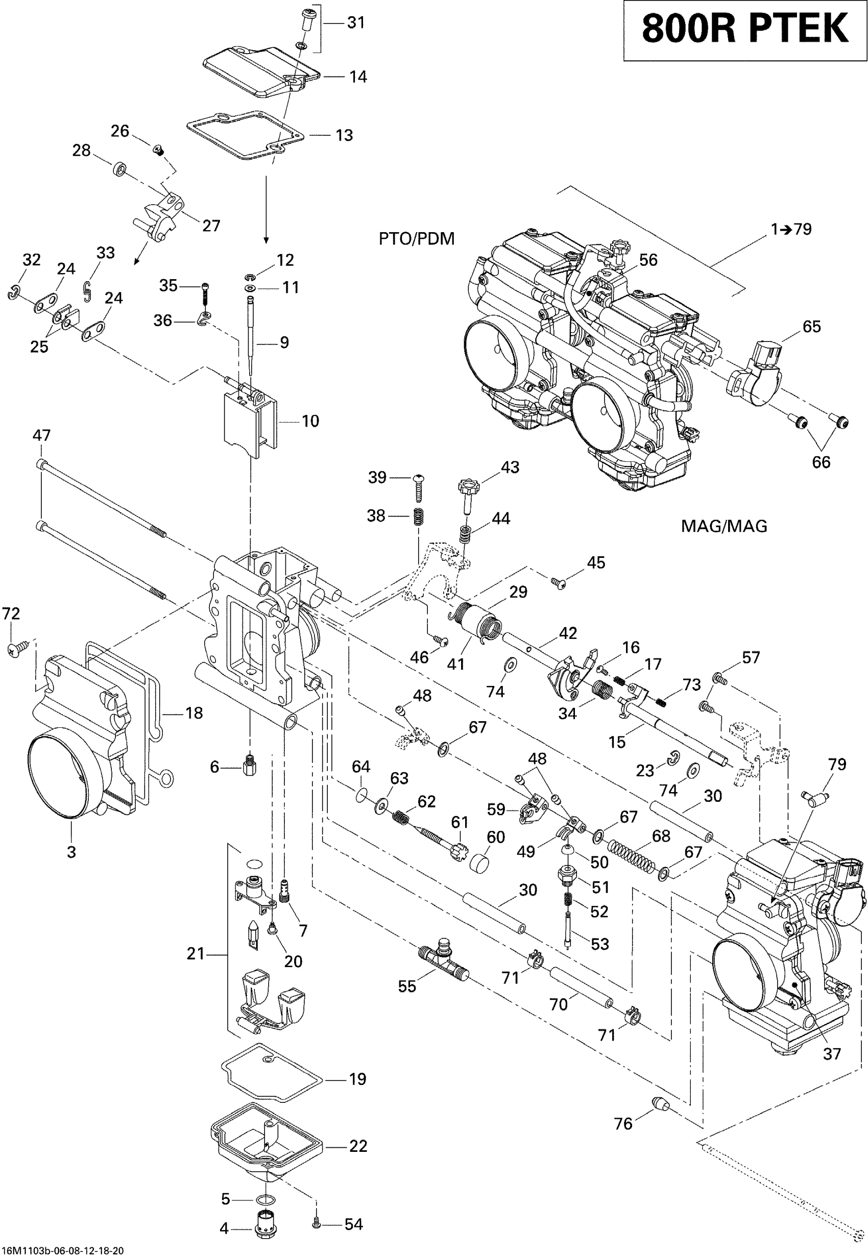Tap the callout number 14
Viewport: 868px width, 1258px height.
357,77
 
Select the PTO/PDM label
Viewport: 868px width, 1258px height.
417,239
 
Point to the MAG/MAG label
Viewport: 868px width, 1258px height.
724,526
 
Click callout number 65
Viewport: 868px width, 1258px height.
811,327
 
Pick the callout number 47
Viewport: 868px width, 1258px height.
42,435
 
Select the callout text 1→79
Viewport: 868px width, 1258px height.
791,229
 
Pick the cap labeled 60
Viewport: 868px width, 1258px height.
479,862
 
